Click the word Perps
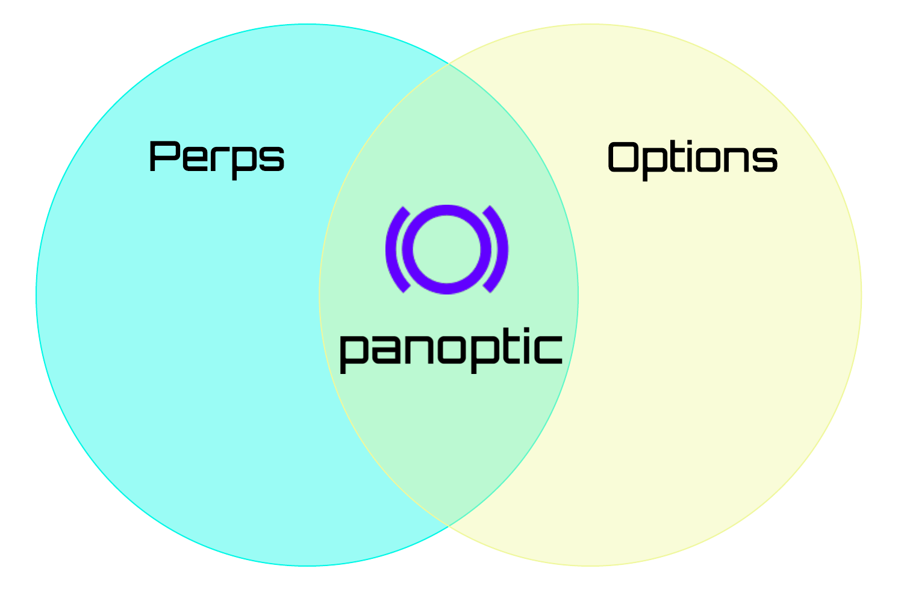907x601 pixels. (x=216, y=157)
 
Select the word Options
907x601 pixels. (x=692, y=158)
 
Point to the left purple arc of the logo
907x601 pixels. (x=394, y=249)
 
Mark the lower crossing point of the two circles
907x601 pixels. (x=449, y=526)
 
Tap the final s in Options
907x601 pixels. (x=764, y=160)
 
